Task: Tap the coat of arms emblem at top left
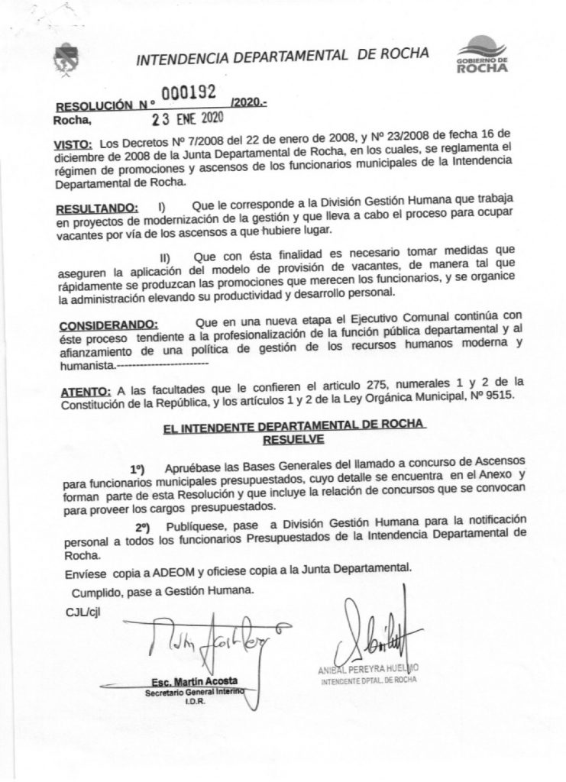(x=63, y=59)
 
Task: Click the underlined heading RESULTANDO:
(x=99, y=208)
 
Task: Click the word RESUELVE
(x=294, y=439)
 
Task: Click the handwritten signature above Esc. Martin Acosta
(x=207, y=638)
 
